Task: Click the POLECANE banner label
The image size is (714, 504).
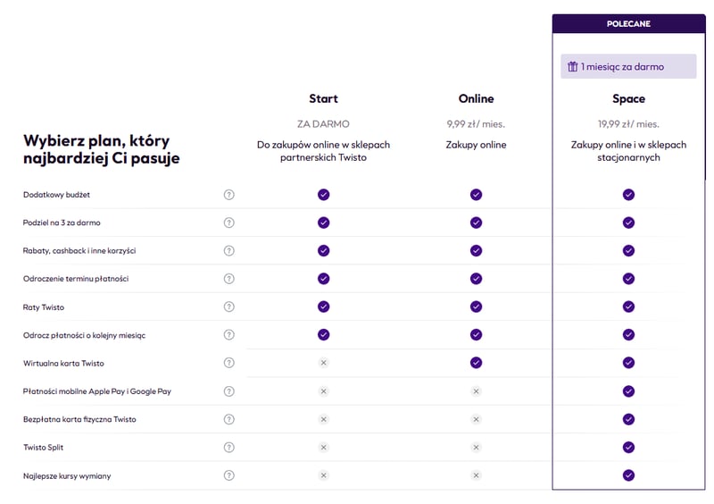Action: tap(628, 24)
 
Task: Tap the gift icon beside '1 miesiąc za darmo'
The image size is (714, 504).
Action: tap(572, 67)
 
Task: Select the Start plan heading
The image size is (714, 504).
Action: tap(323, 98)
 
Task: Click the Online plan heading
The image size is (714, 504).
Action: tap(476, 98)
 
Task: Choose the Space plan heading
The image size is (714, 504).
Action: tap(628, 99)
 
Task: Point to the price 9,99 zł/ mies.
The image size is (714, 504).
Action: tap(476, 124)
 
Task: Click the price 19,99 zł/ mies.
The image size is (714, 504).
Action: tap(628, 124)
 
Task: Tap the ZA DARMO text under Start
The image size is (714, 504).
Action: tap(323, 124)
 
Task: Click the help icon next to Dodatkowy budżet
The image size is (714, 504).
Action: tap(229, 195)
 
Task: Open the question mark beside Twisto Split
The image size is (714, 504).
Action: tap(229, 448)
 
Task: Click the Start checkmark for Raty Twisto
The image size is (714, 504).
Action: tap(324, 307)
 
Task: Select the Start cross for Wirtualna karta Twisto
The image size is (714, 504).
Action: tap(324, 363)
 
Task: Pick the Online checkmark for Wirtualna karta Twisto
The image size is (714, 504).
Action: tap(477, 363)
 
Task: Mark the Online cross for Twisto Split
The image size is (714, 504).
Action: tap(477, 448)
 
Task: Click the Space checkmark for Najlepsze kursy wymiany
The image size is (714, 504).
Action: tap(629, 475)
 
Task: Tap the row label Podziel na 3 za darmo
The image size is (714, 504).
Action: tap(62, 223)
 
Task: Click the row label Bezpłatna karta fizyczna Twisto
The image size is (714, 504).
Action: tap(79, 420)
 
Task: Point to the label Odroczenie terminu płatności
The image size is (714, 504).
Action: tap(76, 279)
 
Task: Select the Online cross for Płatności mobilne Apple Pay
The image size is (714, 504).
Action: tap(477, 391)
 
